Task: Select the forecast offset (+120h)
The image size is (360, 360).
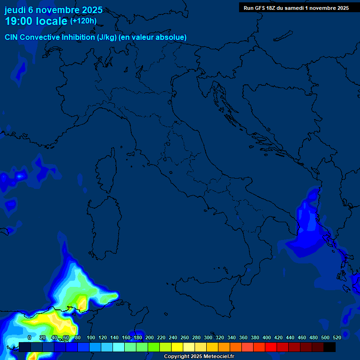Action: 83,21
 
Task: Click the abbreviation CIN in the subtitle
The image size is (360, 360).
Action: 11,37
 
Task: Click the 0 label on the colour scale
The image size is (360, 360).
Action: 30,337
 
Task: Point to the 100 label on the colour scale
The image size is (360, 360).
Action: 91,337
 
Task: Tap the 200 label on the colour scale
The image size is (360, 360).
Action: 150,337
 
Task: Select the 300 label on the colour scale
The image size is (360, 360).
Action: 208,337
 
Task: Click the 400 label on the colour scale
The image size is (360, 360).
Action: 267,337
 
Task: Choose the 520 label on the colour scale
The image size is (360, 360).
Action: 337,337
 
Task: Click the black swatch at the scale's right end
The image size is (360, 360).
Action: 330,347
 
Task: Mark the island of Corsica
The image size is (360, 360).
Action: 106,169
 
